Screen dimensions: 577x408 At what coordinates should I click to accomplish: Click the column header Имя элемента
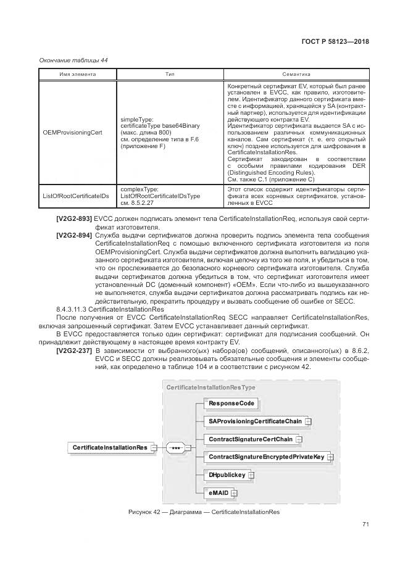(77, 74)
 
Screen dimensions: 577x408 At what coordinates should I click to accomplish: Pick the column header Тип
(170, 74)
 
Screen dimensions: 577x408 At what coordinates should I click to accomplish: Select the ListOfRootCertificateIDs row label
(75, 196)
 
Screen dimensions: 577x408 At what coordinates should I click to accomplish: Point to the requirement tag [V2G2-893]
(74, 219)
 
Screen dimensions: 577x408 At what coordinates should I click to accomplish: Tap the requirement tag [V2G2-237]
(74, 351)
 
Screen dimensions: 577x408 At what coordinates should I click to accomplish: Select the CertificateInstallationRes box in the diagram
(109, 447)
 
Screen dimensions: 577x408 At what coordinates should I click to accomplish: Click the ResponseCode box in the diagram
(214, 403)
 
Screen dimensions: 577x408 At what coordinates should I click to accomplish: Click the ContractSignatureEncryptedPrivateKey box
(266, 457)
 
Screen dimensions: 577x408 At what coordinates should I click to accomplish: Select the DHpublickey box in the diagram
(227, 475)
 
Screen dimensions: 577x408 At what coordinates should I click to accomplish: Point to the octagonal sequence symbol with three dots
(175, 447)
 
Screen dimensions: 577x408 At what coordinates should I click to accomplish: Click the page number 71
(365, 525)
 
